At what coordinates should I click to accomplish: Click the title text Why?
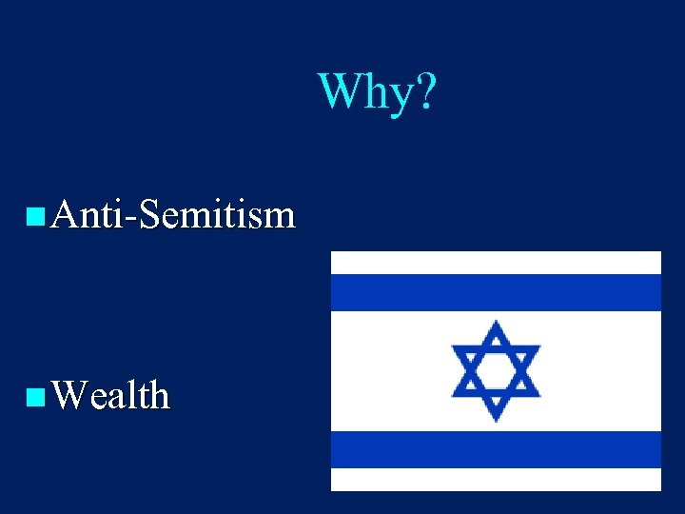coord(377,91)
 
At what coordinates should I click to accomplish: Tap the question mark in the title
coord(425,91)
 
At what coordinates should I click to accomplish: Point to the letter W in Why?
coord(340,91)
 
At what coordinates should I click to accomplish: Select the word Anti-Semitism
coord(174,215)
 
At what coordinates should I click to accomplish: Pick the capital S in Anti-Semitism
coord(150,215)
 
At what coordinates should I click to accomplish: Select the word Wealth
coord(111,394)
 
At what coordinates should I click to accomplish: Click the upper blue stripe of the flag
coord(495,292)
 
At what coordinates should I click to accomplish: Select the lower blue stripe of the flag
coord(495,449)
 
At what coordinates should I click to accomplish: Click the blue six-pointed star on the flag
coord(495,370)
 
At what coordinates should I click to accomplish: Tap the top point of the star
coord(495,326)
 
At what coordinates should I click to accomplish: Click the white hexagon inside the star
coord(495,370)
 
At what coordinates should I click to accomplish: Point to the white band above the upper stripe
coord(495,263)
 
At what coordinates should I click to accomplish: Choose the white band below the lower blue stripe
coord(495,479)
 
